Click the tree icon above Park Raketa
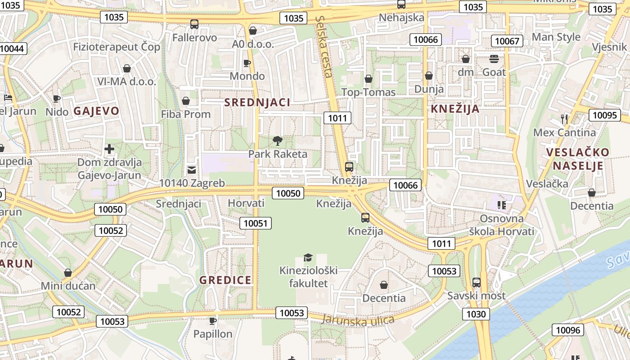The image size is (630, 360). click(278, 140)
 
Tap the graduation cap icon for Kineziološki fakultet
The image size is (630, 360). click(308, 257)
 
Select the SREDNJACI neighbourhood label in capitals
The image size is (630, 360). click(257, 102)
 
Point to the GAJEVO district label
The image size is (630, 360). click(97, 111)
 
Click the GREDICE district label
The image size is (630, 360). click(225, 280)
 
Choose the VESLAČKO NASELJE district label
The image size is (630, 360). click(578, 159)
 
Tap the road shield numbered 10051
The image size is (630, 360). click(256, 223)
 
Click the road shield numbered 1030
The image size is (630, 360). click(476, 314)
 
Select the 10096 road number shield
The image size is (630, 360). click(568, 330)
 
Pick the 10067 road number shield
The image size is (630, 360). click(507, 41)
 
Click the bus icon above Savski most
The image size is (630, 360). click(476, 283)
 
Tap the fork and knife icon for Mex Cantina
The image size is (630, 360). click(564, 119)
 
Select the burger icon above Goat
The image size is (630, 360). click(494, 58)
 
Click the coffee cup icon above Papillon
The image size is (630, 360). click(213, 321)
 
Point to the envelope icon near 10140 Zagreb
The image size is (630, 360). click(192, 170)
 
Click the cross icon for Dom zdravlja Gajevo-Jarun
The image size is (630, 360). click(109, 148)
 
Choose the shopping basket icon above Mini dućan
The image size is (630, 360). click(68, 273)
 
